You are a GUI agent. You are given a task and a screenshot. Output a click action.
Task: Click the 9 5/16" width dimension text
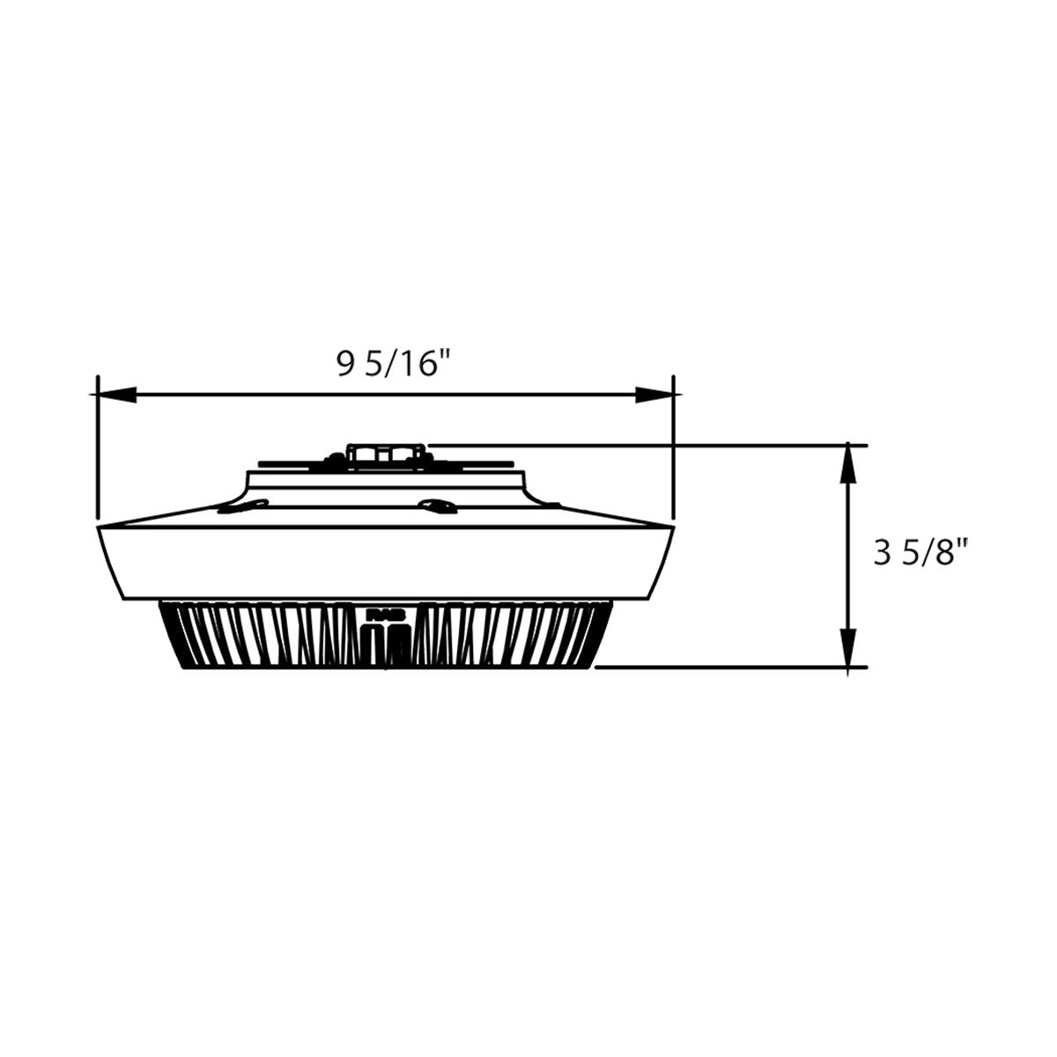coord(388,363)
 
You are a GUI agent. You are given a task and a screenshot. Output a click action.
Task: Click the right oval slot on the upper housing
coord(437,505)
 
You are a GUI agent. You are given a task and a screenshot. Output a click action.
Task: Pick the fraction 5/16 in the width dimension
coord(404,363)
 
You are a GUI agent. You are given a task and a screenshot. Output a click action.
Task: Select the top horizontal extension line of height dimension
coord(643,445)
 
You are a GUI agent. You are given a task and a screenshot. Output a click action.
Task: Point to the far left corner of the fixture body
coord(97,528)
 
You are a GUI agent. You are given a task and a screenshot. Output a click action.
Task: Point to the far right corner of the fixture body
coord(674,528)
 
